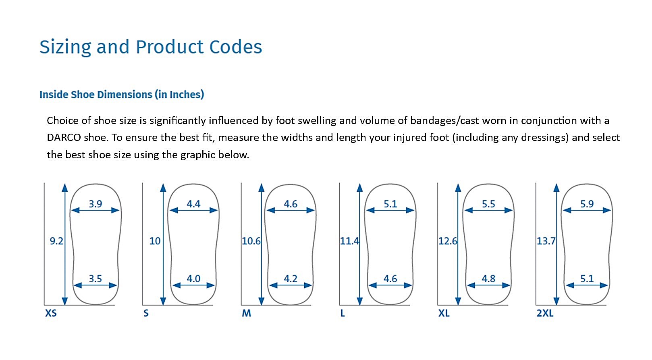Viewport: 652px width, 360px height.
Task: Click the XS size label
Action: pyautogui.click(x=51, y=313)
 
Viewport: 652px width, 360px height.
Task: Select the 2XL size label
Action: pyautogui.click(x=545, y=313)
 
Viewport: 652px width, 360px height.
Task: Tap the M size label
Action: pyautogui.click(x=246, y=313)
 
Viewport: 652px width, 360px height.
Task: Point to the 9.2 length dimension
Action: pyautogui.click(x=56, y=241)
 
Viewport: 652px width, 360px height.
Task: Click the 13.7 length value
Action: pyautogui.click(x=546, y=241)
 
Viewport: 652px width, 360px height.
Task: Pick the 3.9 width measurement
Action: pyautogui.click(x=96, y=204)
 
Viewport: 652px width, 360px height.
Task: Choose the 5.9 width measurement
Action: pyautogui.click(x=587, y=204)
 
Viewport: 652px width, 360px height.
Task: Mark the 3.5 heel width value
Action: pyautogui.click(x=96, y=278)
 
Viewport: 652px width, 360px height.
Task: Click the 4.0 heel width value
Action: pyautogui.click(x=193, y=278)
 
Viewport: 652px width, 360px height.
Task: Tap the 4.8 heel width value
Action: pyautogui.click(x=488, y=278)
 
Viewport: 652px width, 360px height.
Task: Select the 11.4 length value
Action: pyautogui.click(x=349, y=241)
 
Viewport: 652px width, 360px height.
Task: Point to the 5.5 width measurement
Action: pyautogui.click(x=488, y=204)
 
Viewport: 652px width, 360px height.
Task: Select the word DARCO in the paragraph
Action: pyautogui.click(x=64, y=138)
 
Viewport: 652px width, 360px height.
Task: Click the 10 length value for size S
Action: pyautogui.click(x=155, y=241)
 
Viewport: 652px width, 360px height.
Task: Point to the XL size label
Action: pyautogui.click(x=444, y=313)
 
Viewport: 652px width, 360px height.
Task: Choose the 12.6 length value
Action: pyautogui.click(x=447, y=241)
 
